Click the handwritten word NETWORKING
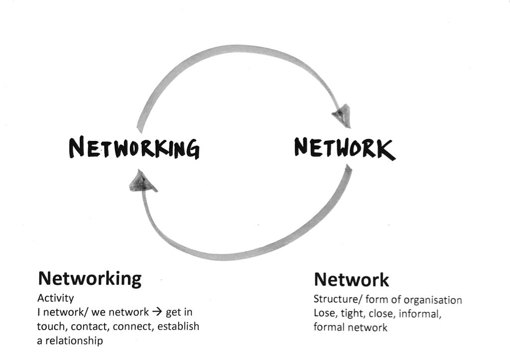point(134,147)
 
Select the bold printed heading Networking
point(90,278)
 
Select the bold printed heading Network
point(351,279)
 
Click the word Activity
point(55,298)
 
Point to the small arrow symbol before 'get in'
point(157,312)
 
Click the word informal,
point(420,314)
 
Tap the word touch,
point(52,327)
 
